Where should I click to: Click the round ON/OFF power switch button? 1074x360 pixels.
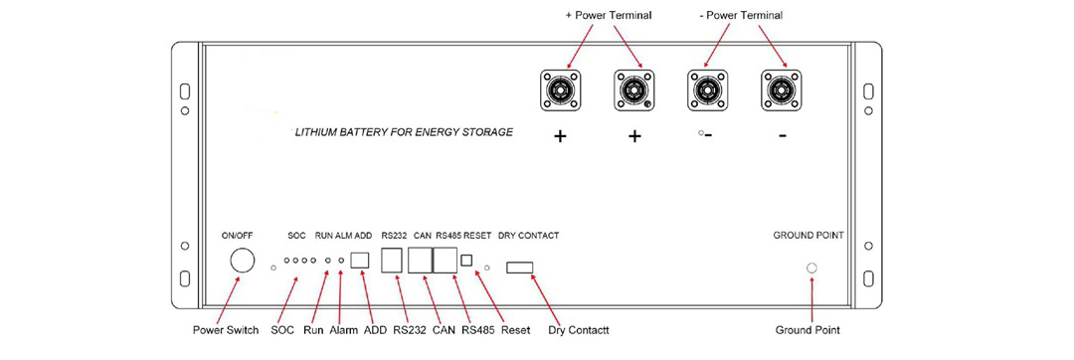pos(242,262)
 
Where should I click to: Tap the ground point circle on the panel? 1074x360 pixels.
pos(811,269)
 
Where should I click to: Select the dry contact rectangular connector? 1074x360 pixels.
pos(519,267)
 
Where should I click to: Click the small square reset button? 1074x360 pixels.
pos(465,261)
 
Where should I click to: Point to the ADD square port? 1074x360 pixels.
pos(361,261)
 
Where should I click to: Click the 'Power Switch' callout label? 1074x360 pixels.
pos(226,330)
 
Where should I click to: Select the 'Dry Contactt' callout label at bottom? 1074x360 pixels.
pos(579,330)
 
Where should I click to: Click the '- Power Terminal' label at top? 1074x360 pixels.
pos(742,15)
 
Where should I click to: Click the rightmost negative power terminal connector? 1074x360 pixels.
pos(782,90)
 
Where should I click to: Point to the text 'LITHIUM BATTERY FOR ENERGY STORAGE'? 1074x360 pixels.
pos(405,131)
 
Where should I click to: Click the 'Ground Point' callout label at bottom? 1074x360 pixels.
pos(808,330)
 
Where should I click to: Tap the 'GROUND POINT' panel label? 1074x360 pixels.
pos(808,236)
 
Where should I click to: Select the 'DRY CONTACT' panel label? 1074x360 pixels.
pos(528,236)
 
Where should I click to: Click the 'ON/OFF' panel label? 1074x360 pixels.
pos(237,236)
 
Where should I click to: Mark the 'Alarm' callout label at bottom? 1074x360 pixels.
pos(344,330)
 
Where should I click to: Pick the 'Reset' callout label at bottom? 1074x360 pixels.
pos(516,330)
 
